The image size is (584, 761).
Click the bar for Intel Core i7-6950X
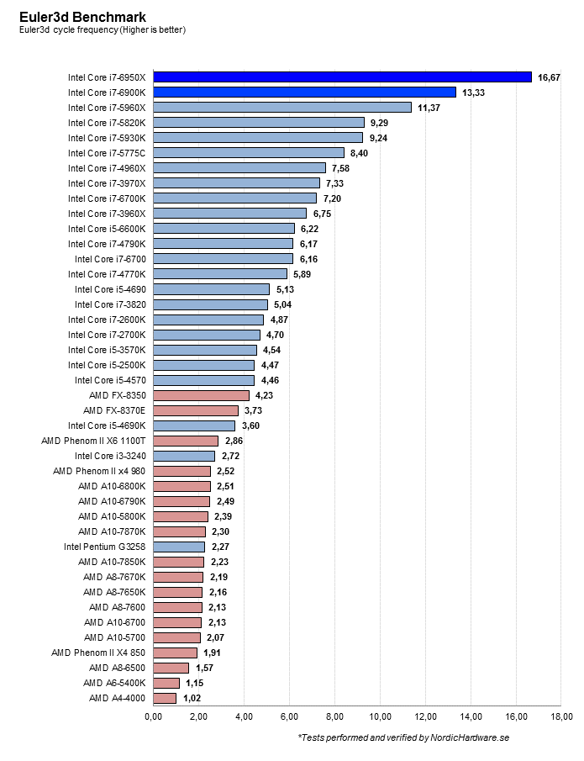tap(342, 77)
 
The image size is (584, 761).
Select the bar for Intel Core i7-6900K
tap(304, 92)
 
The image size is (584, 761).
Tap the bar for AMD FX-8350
tap(201, 395)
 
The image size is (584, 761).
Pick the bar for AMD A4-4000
tap(165, 698)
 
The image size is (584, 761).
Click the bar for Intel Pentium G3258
tap(179, 547)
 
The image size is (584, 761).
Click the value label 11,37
tap(429, 108)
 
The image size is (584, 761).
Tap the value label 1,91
tap(213, 653)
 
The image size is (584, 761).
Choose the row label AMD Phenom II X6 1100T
tap(93, 441)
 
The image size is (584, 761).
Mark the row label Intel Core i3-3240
tap(110, 456)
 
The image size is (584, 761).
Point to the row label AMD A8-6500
tap(118, 668)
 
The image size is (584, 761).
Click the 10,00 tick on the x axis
tap(380, 716)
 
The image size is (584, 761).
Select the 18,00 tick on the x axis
tap(561, 716)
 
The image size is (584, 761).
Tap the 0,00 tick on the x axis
tap(153, 716)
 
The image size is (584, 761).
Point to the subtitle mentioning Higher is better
tap(103, 30)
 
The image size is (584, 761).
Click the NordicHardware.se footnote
tap(403, 738)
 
